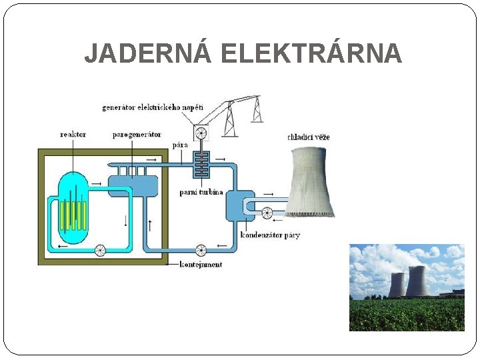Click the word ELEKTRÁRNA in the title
click(x=311, y=53)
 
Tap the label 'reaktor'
click(x=73, y=134)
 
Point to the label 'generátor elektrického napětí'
click(x=153, y=107)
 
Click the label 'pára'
click(x=180, y=145)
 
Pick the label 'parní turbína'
click(x=201, y=192)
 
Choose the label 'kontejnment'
click(x=201, y=264)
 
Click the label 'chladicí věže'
click(x=308, y=137)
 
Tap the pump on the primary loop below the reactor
click(x=100, y=250)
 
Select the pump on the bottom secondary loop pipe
click(x=201, y=250)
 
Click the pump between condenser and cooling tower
click(x=267, y=213)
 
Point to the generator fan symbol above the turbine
click(x=201, y=133)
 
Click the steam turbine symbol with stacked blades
click(x=201, y=164)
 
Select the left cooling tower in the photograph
click(x=397, y=285)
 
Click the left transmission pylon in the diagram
click(x=229, y=120)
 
